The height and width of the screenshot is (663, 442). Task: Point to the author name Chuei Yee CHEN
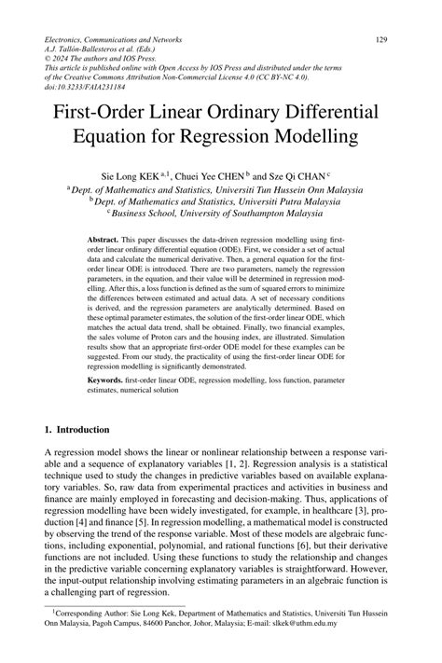coord(222,174)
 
